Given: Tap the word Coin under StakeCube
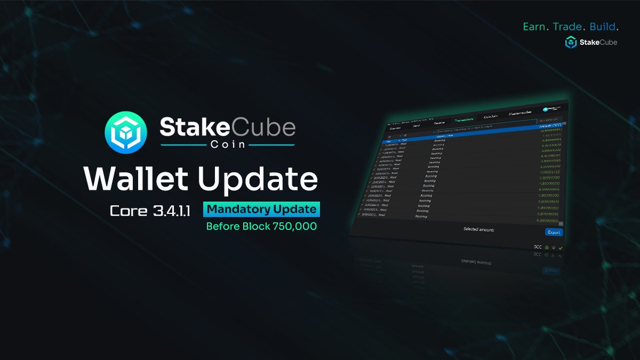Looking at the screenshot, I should coord(227,145).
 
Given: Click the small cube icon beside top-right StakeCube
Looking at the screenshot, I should coord(571,42).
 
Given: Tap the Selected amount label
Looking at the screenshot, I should coord(479,229).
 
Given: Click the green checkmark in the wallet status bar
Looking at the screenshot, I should coord(561,248).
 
